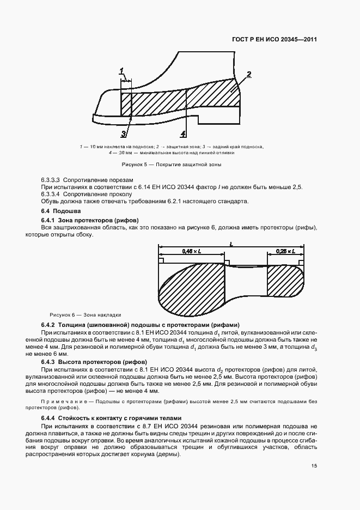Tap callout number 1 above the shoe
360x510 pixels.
coord(122,70)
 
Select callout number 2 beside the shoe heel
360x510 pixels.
coord(248,74)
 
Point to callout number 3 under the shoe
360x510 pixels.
coord(124,133)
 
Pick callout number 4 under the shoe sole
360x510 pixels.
coord(184,133)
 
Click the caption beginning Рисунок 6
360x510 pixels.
coord(85,314)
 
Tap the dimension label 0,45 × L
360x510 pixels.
coord(191,251)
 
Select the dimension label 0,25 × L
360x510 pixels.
coord(285,251)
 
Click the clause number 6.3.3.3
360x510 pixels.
coord(53,179)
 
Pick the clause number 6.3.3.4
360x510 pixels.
coord(53,194)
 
